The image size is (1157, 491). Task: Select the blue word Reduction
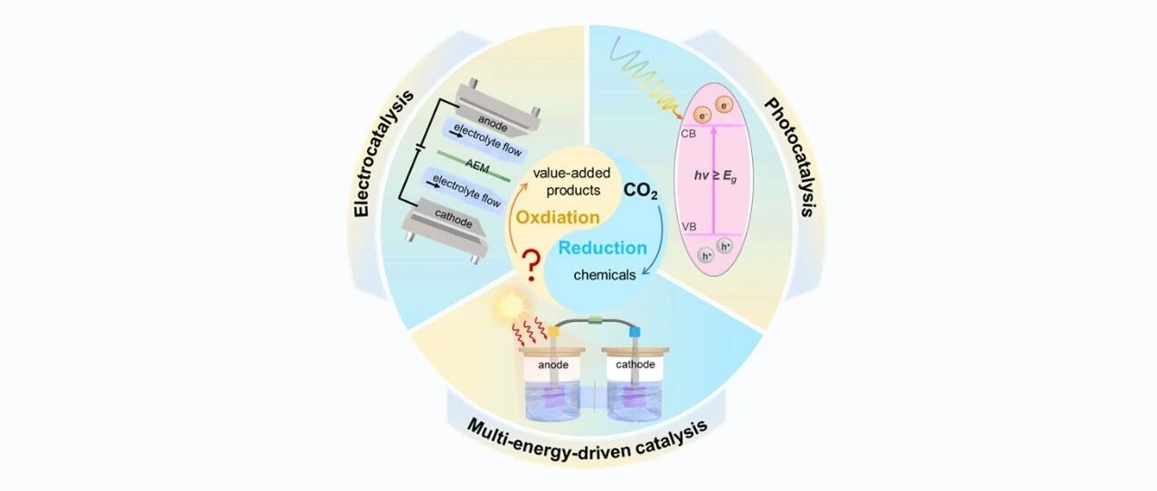click(x=603, y=248)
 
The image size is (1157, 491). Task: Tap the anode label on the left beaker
click(x=553, y=366)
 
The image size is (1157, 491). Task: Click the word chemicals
click(x=606, y=274)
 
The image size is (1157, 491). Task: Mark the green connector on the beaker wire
click(x=595, y=319)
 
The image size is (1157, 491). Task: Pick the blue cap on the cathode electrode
click(x=635, y=332)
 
